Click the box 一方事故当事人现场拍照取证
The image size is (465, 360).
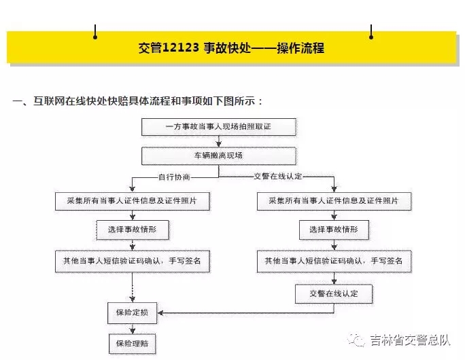coord(218,127)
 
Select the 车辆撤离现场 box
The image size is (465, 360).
coord(218,156)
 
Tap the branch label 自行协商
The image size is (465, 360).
coord(174,177)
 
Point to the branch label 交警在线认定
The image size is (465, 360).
coord(278,177)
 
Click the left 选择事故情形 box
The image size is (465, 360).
coord(133,230)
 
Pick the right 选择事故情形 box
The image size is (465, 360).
coord(334,230)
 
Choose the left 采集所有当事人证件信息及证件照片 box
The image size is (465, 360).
coord(133,201)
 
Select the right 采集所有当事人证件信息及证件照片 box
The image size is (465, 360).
coord(334,201)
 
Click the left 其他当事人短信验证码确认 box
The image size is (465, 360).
coord(133,261)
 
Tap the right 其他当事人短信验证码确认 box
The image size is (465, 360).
coord(334,261)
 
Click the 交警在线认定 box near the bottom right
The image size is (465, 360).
coord(334,293)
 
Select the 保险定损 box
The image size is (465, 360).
coord(132,312)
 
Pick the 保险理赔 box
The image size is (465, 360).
coord(132,344)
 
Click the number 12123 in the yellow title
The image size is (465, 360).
coord(181,48)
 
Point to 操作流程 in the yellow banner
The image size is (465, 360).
coord(300,48)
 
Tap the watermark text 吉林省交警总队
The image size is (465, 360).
coord(410,340)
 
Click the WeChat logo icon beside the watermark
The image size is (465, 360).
coord(356,340)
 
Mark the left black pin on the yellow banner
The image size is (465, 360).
coord(95,32)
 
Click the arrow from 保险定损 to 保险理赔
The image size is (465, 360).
coord(133,329)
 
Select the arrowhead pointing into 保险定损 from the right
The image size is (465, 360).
coord(160,313)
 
